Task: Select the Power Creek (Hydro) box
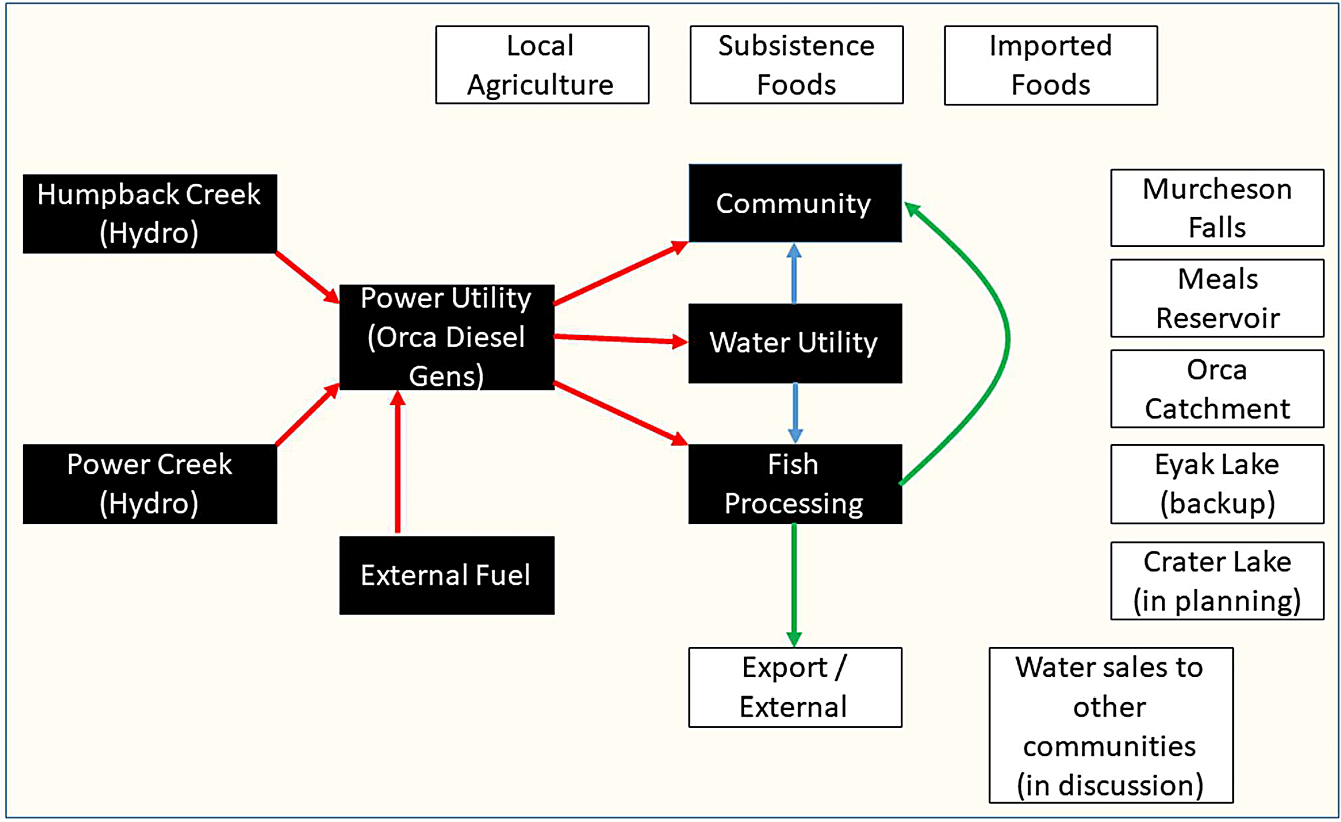coord(150,484)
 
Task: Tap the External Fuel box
coord(447,575)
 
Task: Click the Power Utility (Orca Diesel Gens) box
coord(447,337)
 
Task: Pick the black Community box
coord(795,203)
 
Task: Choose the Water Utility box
coord(795,343)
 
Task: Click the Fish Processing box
coord(795,484)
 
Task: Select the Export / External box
coord(795,687)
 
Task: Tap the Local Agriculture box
coord(542,65)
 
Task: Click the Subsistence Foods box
coord(797,65)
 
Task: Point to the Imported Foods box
coord(1051,65)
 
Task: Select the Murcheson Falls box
coord(1218,208)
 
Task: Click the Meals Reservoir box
coord(1218,298)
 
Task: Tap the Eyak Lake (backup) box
coord(1218,484)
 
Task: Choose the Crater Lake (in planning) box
coord(1218,581)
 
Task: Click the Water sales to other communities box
coord(1111,725)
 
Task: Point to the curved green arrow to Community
coord(1008,340)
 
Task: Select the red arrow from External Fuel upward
coord(398,462)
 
